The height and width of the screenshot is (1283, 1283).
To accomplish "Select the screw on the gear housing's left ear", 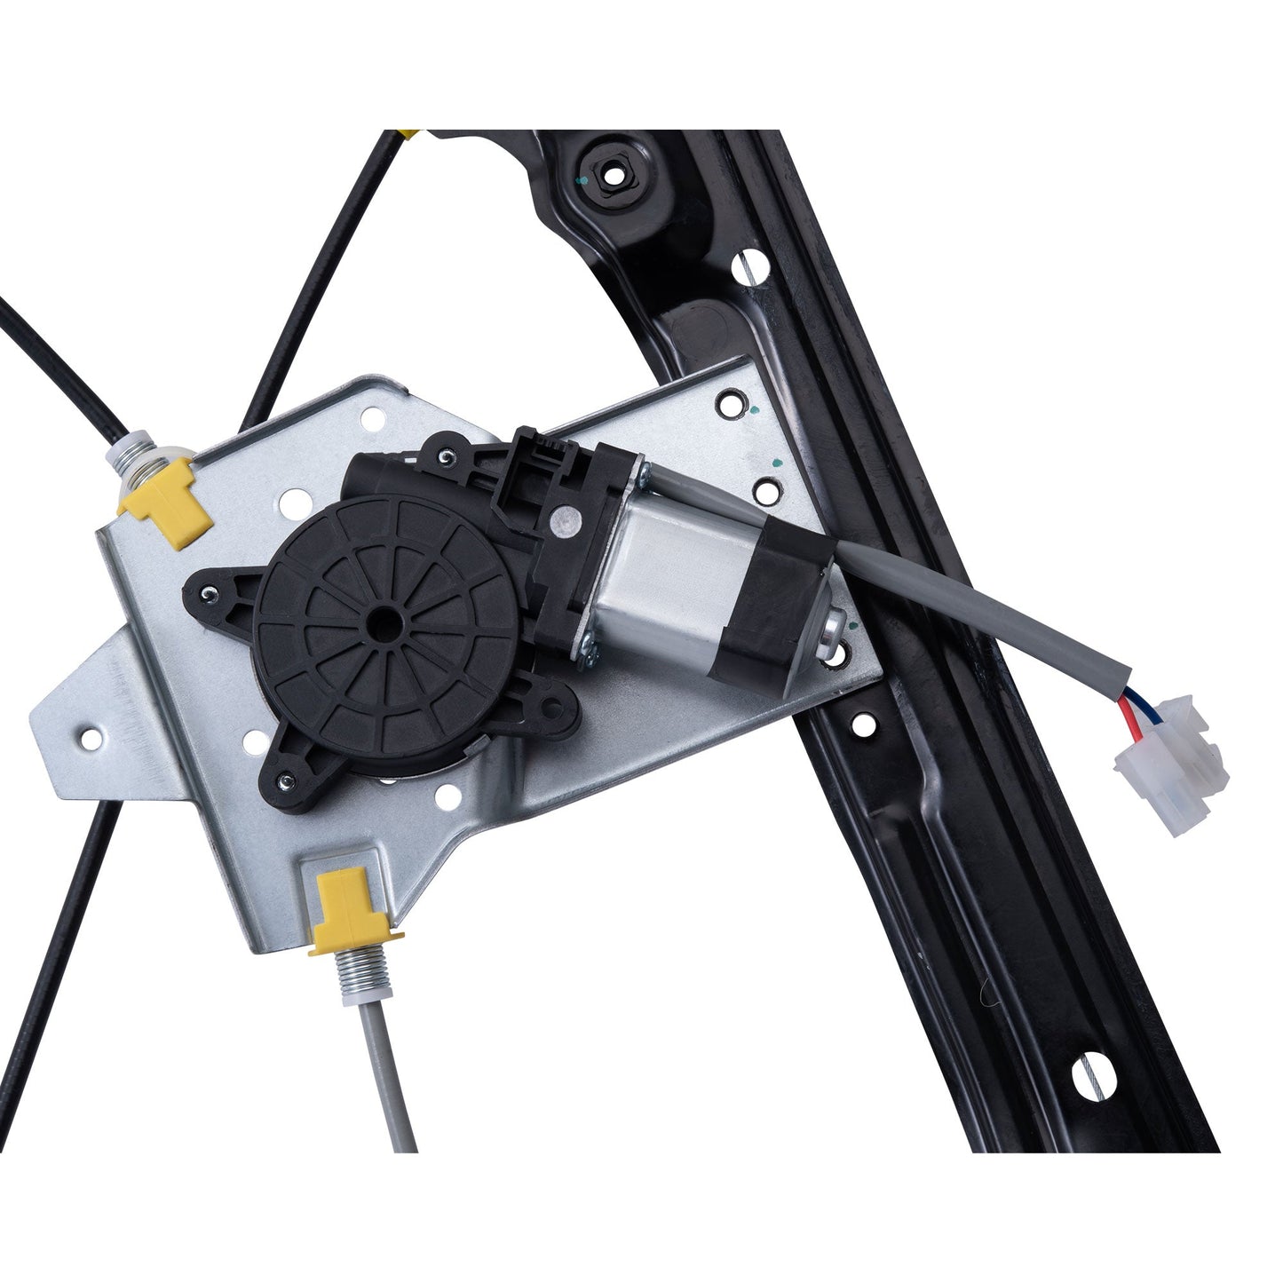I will (206, 593).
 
